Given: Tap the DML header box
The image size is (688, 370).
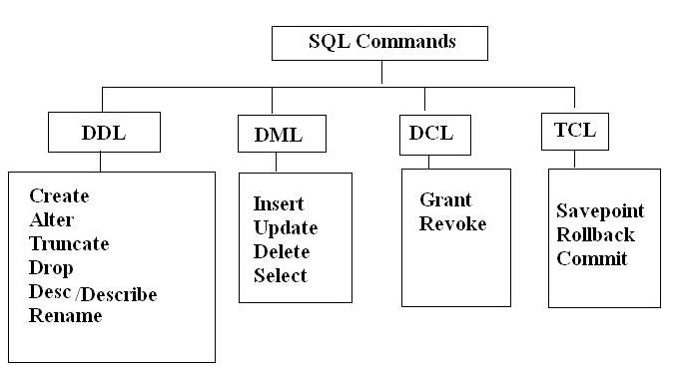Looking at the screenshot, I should (270, 133).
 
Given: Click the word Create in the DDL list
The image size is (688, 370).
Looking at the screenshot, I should (59, 195).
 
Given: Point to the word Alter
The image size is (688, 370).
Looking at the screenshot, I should (52, 219).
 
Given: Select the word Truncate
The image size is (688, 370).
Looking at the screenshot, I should (69, 243).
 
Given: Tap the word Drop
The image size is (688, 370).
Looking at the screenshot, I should (51, 268).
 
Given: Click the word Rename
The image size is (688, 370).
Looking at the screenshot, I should (65, 316).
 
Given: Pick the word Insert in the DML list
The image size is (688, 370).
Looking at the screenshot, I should (279, 203).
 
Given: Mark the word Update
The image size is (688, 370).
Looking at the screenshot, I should (285, 227).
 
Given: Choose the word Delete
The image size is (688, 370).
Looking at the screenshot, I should (282, 251).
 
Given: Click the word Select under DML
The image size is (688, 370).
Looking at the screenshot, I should (281, 275).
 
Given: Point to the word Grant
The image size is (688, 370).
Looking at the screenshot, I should (445, 199).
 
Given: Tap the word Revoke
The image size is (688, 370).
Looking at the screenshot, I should (452, 223).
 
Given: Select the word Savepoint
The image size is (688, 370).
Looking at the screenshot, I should (600, 211).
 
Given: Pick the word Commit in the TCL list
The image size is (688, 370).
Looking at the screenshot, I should (591, 259).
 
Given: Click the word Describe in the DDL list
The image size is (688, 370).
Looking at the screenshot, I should (121, 293).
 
